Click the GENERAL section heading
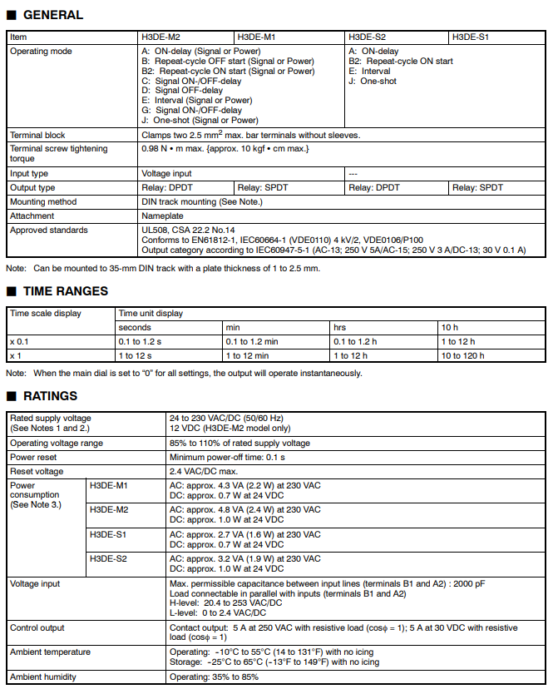52,15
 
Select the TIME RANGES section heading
65,291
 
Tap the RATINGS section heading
50,396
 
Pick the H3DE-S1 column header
471,37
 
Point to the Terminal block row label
37,135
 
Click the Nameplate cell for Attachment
162,216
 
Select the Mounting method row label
43,201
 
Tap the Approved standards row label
48,230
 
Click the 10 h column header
450,328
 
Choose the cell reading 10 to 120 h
462,355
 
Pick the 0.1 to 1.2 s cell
141,342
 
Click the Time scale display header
46,314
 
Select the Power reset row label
33,458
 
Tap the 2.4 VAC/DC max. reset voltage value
205,472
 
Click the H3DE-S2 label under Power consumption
108,559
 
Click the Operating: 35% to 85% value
214,677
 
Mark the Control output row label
37,627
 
